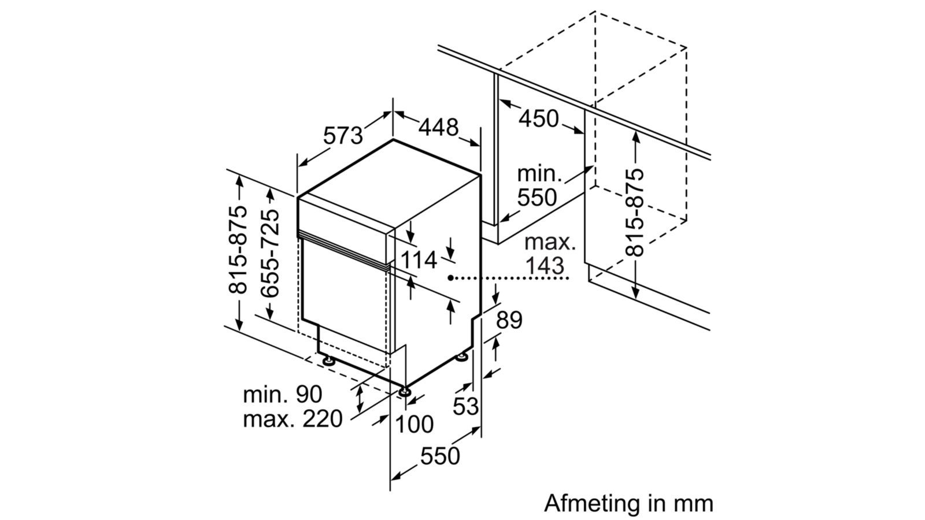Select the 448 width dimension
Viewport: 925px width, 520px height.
click(438, 127)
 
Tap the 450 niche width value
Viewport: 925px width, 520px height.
click(538, 119)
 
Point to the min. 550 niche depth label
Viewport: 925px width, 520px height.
click(538, 186)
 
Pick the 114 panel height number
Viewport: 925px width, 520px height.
click(419, 261)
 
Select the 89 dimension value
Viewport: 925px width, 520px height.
click(509, 320)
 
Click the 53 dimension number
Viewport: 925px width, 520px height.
click(465, 407)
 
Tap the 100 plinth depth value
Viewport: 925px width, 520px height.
click(413, 425)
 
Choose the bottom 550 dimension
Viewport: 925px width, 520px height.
click(440, 456)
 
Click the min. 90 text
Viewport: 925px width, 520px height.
click(282, 395)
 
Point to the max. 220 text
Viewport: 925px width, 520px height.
click(293, 419)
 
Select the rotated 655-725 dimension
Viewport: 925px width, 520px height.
click(270, 254)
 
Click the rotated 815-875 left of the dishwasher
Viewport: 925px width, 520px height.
click(238, 249)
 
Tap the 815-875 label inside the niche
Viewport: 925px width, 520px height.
click(635, 212)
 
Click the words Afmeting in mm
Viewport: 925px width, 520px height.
click(628, 503)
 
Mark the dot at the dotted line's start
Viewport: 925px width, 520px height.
click(450, 278)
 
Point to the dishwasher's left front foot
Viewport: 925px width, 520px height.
click(328, 361)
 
